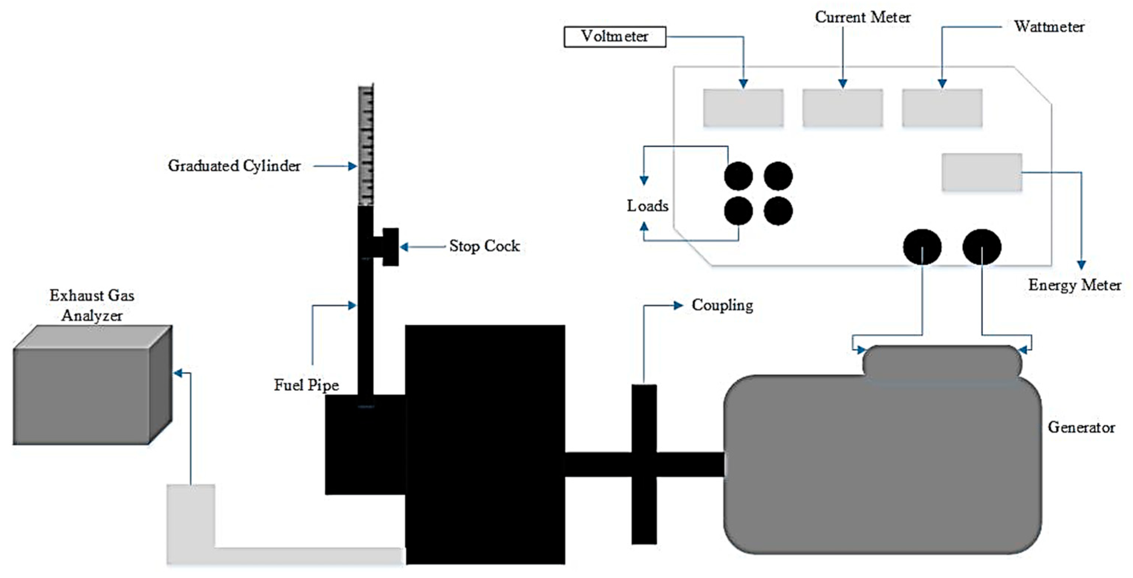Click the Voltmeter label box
(x=615, y=36)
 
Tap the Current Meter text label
(x=863, y=17)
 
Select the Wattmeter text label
(x=1049, y=27)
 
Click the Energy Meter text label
(x=1074, y=285)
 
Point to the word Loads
(x=647, y=206)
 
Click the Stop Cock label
(x=484, y=246)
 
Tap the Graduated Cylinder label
(x=234, y=166)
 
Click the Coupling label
(x=722, y=305)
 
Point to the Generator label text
(x=1081, y=427)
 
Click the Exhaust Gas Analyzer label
(x=92, y=305)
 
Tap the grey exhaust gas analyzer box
(x=92, y=385)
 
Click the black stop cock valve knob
(x=390, y=247)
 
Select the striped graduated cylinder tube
(x=366, y=145)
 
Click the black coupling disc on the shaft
(x=644, y=464)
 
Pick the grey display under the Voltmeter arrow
(x=743, y=108)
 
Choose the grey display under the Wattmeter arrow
(x=942, y=108)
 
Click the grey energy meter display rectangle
(x=982, y=172)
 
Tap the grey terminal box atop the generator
(x=942, y=361)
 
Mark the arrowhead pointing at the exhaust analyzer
(x=178, y=373)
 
